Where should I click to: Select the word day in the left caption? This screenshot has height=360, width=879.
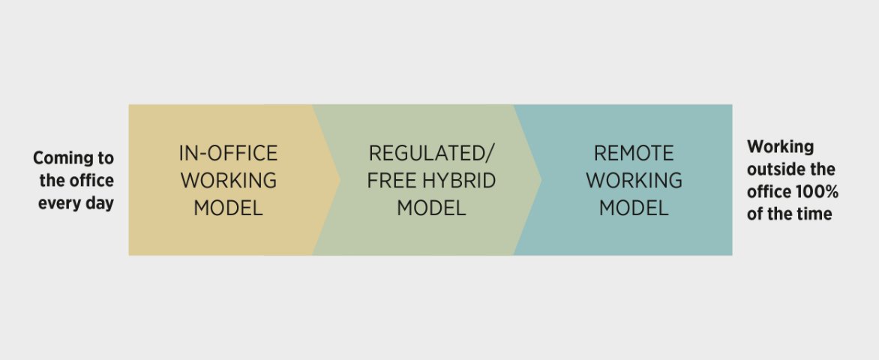(101, 203)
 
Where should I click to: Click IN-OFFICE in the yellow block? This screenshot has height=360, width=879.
(228, 153)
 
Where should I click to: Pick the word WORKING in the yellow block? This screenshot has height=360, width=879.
(228, 181)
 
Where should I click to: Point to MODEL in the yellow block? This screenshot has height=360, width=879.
(228, 208)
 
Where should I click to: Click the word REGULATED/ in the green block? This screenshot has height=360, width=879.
(431, 153)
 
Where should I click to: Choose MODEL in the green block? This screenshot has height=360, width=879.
(431, 208)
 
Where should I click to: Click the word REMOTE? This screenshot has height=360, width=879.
(634, 153)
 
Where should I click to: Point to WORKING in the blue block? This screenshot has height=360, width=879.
(634, 181)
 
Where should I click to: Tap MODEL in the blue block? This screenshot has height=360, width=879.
(634, 208)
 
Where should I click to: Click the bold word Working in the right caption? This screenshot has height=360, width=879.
(780, 148)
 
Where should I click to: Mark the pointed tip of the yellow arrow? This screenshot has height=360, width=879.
(340, 180)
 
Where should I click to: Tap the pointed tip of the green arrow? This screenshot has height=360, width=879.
(541, 180)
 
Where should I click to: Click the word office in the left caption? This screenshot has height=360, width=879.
(91, 181)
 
